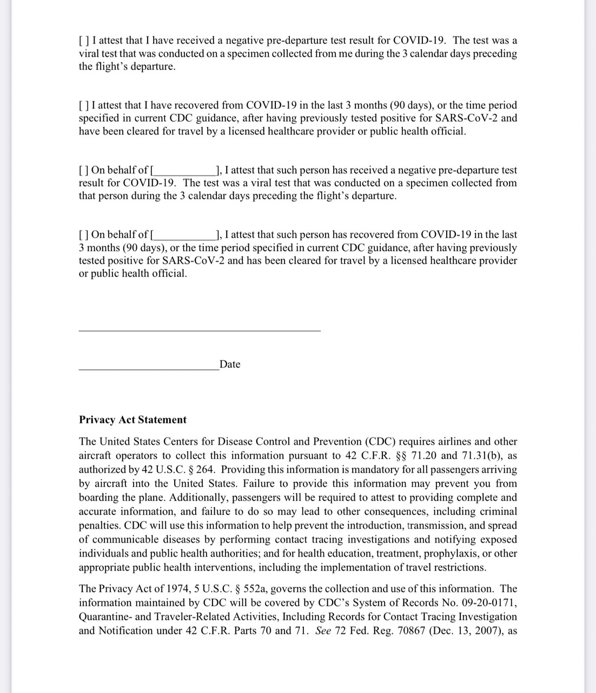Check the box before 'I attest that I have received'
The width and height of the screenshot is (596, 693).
coord(84,41)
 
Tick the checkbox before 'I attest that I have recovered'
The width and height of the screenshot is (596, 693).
coord(84,106)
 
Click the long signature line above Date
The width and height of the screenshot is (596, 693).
coord(200,329)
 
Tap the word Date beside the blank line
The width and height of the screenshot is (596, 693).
coord(230,364)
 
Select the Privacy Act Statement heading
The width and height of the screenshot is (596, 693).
coord(133,420)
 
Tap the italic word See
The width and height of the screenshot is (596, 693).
coord(323,631)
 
